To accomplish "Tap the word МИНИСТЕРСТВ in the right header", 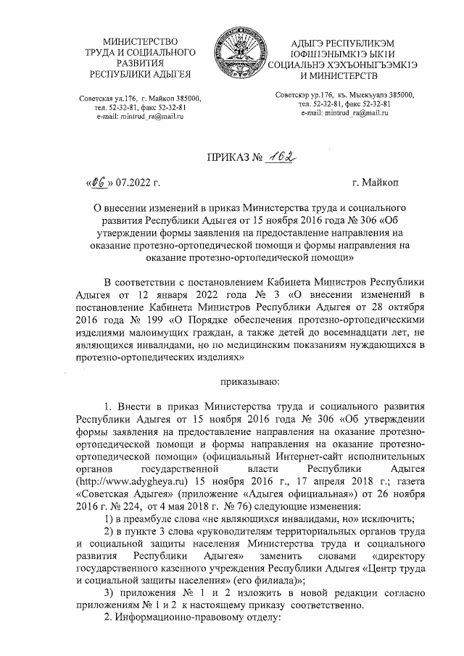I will click(339, 76).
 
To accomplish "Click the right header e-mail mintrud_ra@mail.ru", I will click(342, 114).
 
